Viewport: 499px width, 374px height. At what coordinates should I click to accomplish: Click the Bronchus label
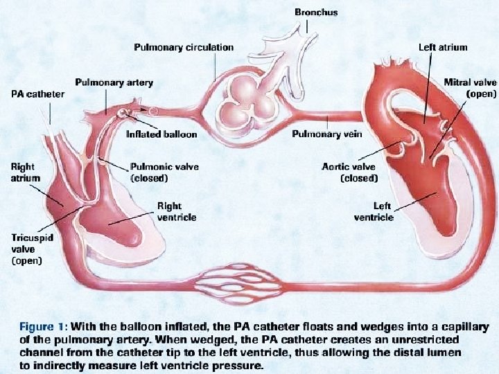(316, 12)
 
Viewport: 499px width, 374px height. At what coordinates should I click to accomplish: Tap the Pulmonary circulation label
(183, 47)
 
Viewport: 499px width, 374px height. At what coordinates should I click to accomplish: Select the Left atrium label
(443, 48)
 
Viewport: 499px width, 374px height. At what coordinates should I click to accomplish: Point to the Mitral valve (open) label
(470, 88)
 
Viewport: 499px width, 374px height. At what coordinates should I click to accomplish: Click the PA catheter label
(37, 93)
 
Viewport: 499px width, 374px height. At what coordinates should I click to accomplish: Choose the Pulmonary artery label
(114, 82)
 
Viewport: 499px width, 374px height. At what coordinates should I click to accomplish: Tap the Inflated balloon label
(161, 134)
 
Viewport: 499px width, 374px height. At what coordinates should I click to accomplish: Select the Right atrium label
(26, 172)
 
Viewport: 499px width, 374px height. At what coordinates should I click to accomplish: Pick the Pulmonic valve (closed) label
(159, 172)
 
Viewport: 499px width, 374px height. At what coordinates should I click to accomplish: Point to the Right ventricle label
(177, 211)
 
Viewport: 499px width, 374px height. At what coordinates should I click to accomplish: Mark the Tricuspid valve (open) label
(27, 249)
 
